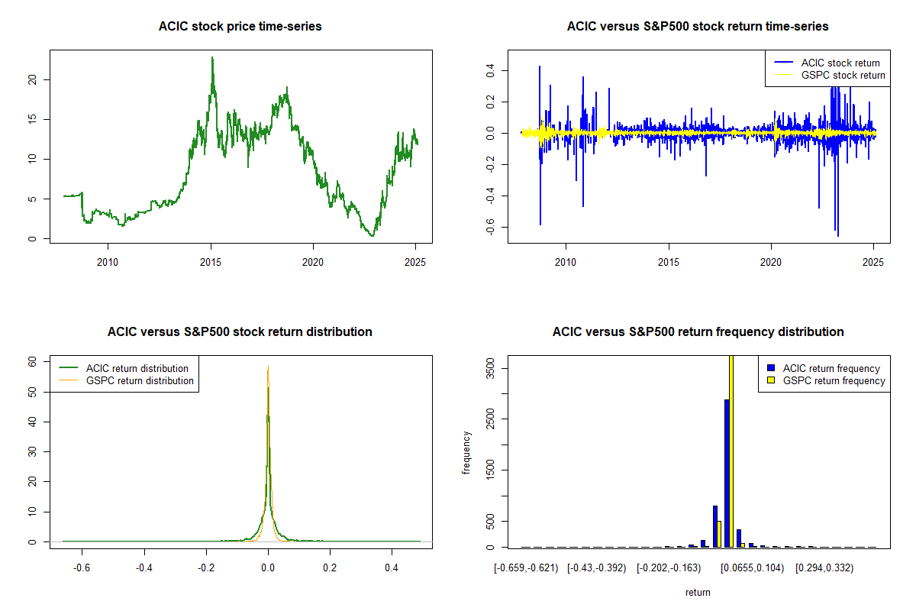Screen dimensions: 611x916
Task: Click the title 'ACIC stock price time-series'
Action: point(240,27)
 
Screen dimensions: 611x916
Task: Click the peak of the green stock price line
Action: point(212,58)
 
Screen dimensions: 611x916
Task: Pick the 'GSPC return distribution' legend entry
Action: point(140,380)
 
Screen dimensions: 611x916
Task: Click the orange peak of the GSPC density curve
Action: point(268,368)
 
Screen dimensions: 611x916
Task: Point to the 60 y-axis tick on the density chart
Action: point(31,362)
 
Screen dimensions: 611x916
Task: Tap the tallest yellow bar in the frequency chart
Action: point(731,451)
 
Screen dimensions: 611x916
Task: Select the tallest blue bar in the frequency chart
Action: point(727,474)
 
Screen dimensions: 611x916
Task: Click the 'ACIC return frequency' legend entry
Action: point(831,368)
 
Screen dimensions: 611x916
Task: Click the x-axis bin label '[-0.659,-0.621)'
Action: point(526,568)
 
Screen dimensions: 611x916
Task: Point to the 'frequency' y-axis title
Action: point(466,453)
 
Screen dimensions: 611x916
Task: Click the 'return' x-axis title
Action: point(698,592)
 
